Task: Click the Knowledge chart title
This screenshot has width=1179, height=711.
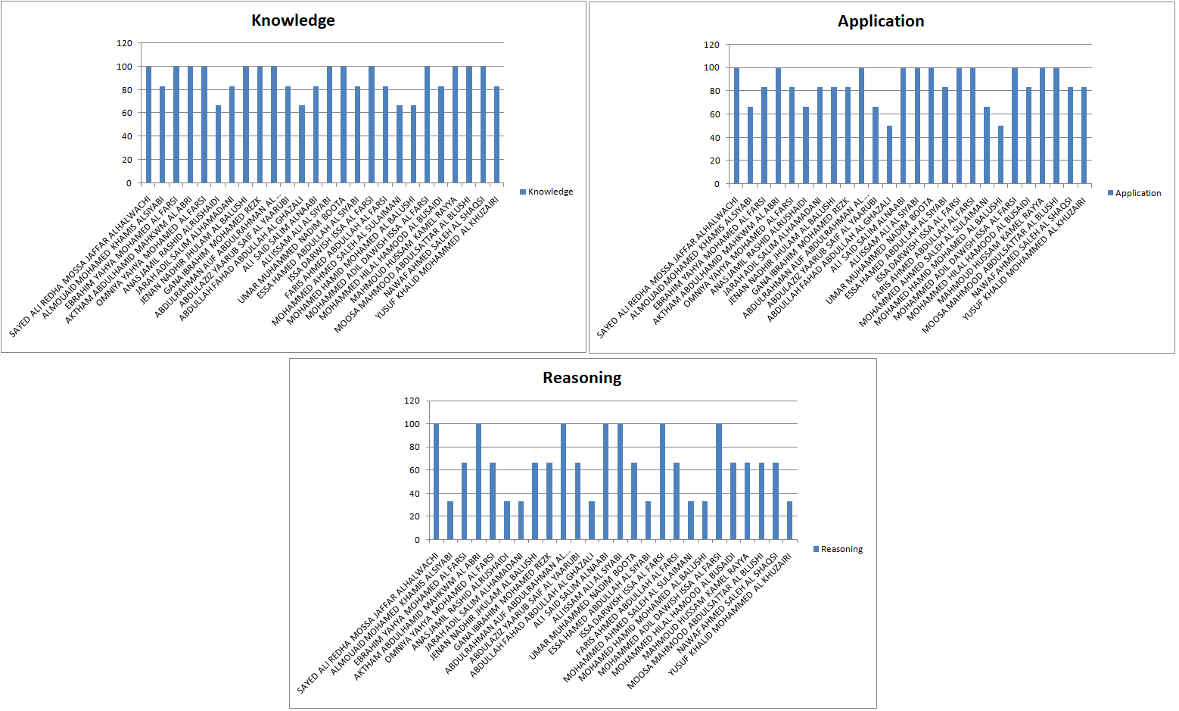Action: [x=293, y=20]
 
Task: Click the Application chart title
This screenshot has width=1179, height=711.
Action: [x=881, y=21]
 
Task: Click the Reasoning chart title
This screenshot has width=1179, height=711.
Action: [x=582, y=377]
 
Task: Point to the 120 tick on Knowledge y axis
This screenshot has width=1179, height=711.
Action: [x=124, y=43]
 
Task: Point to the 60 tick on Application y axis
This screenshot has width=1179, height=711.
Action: [x=712, y=114]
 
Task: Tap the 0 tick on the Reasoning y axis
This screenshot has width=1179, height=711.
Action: [x=416, y=540]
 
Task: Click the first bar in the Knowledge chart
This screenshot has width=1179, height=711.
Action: [x=148, y=125]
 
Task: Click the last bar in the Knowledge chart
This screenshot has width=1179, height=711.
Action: [x=497, y=135]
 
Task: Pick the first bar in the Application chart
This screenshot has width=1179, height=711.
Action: [x=736, y=126]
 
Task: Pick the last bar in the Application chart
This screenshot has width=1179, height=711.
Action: [x=1084, y=136]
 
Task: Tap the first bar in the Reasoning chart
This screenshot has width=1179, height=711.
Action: [x=436, y=482]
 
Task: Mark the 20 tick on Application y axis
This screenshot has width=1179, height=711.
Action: [x=712, y=161]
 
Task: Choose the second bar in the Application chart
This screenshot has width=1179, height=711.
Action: [x=751, y=145]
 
